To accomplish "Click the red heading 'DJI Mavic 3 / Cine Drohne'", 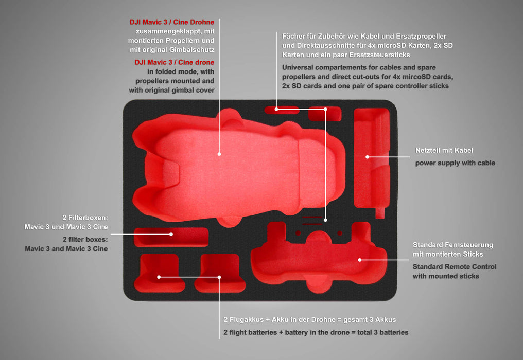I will click(x=171, y=23).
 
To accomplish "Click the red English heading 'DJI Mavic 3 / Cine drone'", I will click(x=175, y=62).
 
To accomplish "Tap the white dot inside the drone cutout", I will click(x=219, y=153).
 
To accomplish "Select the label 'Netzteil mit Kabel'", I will click(x=444, y=151).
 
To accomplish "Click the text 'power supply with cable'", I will click(x=455, y=163).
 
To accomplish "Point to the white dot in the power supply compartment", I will click(x=368, y=156).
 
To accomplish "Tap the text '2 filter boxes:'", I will click(x=85, y=240).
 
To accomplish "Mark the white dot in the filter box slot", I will click(x=171, y=234).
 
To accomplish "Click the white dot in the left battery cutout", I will click(x=159, y=277).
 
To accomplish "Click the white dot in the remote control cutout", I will click(x=360, y=260).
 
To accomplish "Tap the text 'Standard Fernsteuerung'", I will click(x=452, y=245).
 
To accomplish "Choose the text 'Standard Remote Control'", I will click(x=454, y=267).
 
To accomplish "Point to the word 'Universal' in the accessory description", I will click(x=298, y=67).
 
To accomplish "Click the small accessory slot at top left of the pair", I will click(x=282, y=110).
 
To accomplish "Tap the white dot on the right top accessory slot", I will click(x=325, y=109).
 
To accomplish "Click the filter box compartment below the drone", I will click(x=171, y=237).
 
